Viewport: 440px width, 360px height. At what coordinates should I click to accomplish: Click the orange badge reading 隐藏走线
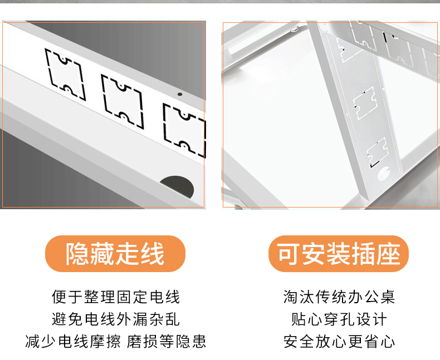115,254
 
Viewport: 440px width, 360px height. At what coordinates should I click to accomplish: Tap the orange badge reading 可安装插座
339,254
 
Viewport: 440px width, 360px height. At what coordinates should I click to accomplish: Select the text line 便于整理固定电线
116,297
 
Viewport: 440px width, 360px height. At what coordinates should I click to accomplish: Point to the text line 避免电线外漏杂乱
116,319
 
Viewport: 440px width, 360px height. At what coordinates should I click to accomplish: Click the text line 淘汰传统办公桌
339,297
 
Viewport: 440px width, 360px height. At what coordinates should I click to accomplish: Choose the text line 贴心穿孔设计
339,319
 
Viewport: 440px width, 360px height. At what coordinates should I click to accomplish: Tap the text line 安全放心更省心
339,342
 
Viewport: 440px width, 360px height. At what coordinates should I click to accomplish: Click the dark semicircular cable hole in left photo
178,186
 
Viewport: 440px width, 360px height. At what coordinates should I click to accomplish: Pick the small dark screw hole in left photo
180,94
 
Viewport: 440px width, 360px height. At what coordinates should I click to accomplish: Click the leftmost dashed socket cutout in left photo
65,75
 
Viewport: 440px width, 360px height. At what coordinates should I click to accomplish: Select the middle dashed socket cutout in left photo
123,101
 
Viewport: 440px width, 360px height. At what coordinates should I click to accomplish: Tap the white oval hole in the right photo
384,174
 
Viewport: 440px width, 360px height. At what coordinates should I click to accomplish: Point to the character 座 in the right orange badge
388,254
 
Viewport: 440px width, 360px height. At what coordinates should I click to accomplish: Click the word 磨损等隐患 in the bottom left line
167,342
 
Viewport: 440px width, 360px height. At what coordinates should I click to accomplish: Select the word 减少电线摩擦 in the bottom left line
73,342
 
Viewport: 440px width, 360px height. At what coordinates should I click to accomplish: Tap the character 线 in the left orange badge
152,254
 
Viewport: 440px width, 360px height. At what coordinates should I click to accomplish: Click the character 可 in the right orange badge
289,254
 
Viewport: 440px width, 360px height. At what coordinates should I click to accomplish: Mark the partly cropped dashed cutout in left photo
184,131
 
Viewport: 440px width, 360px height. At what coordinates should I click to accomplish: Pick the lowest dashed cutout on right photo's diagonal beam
378,152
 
